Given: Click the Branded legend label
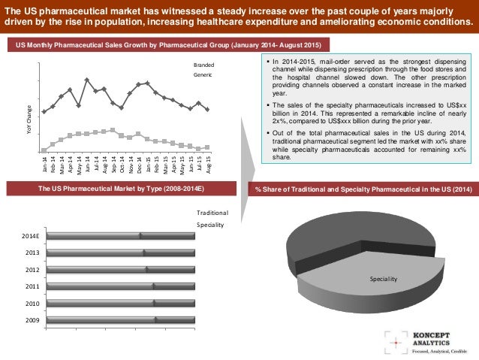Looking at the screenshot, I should pos(203,65).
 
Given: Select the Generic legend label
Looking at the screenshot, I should pos(203,74).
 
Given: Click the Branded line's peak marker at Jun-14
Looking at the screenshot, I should pos(87,80).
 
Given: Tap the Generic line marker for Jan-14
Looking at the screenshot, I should pos(44,150).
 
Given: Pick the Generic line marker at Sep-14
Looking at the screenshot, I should pos(113,130).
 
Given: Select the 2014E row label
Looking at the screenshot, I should pos(32,236).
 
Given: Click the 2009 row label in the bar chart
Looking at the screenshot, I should pos(32,320).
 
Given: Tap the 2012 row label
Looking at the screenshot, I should pos(32,269).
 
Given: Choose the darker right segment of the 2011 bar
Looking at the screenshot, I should pos(174,286).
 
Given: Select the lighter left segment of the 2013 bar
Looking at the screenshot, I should pos(95,253).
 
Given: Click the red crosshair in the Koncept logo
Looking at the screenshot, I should pos(395,340).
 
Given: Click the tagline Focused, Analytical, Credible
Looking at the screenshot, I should pos(440,350).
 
